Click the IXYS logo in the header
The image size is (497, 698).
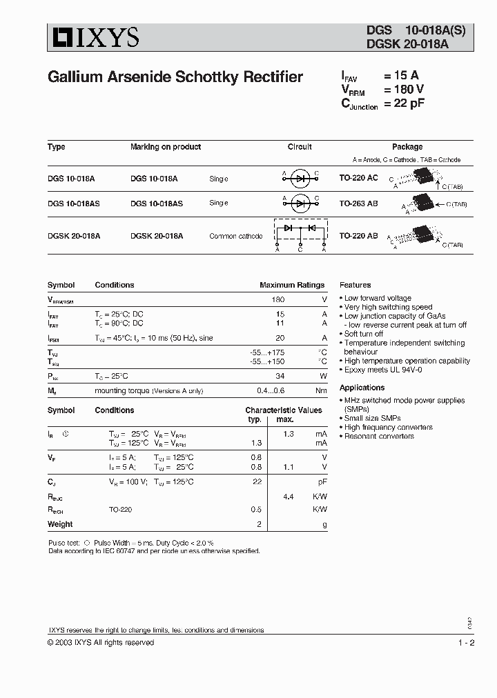(93, 37)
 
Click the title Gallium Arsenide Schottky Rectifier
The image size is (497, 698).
(175, 77)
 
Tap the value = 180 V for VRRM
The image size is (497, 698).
(403, 89)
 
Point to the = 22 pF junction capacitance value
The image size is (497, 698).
(403, 103)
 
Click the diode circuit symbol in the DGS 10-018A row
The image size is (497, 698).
(300, 178)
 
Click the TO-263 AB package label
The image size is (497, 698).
(358, 203)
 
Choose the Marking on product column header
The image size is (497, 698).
(166, 147)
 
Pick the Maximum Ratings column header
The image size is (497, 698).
(291, 285)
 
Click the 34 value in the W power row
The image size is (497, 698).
(280, 376)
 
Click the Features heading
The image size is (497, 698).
(355, 285)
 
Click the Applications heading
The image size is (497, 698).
(362, 388)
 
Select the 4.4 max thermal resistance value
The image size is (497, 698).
(289, 496)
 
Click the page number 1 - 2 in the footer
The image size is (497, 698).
(466, 643)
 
